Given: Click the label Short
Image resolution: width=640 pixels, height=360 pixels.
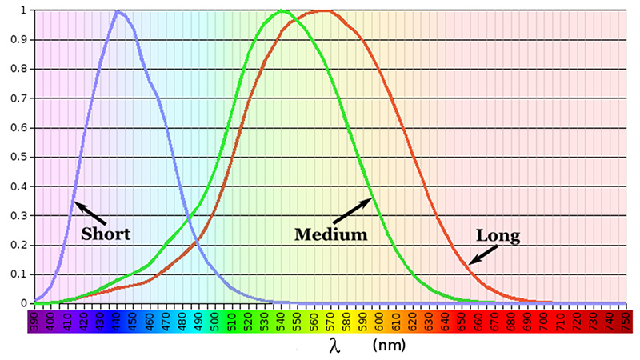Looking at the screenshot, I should point(106,234).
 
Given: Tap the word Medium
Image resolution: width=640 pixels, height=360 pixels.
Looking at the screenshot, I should point(330,235).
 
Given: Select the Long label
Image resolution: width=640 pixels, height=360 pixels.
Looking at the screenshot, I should point(498,236).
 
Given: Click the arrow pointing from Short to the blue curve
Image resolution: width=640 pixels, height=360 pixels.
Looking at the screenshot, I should point(90,213).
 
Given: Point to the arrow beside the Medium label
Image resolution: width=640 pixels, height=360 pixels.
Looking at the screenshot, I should point(353,211).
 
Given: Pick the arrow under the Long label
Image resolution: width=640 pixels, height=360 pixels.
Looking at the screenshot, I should point(482,254).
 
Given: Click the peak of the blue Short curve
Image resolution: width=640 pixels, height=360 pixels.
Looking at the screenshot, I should point(118,11).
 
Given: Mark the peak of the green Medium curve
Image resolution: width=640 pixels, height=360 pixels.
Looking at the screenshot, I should point(282,11).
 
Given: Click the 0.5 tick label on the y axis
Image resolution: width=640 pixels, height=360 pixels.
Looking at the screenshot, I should point(15,158).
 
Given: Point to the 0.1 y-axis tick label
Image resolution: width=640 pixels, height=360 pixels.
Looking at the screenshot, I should point(15,274).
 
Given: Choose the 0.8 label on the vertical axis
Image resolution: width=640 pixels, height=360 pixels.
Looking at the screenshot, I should point(15,70).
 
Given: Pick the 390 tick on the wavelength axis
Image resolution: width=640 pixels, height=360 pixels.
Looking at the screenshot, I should point(35,322).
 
